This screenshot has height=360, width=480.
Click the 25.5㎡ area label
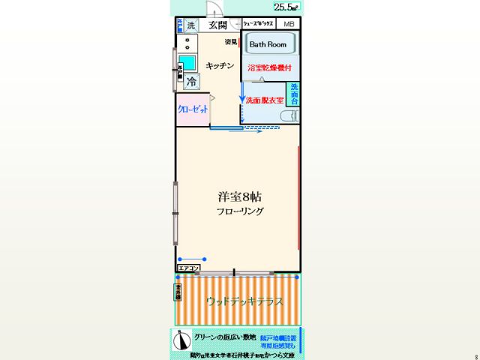[285, 7]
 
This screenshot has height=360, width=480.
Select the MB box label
[289, 25]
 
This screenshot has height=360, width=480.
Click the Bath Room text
[268, 44]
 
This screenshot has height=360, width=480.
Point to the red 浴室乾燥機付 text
[269, 68]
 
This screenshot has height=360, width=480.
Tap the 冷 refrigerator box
[193, 82]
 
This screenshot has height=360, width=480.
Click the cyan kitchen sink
[187, 63]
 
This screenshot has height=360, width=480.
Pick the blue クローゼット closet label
[193, 109]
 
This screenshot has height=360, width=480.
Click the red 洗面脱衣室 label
[264, 100]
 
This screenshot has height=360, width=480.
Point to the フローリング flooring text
[240, 212]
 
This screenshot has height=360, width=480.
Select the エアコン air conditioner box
[188, 268]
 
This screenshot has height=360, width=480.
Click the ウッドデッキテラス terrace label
[244, 301]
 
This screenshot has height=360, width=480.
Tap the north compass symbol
[180, 341]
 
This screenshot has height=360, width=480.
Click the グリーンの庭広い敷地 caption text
[225, 337]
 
